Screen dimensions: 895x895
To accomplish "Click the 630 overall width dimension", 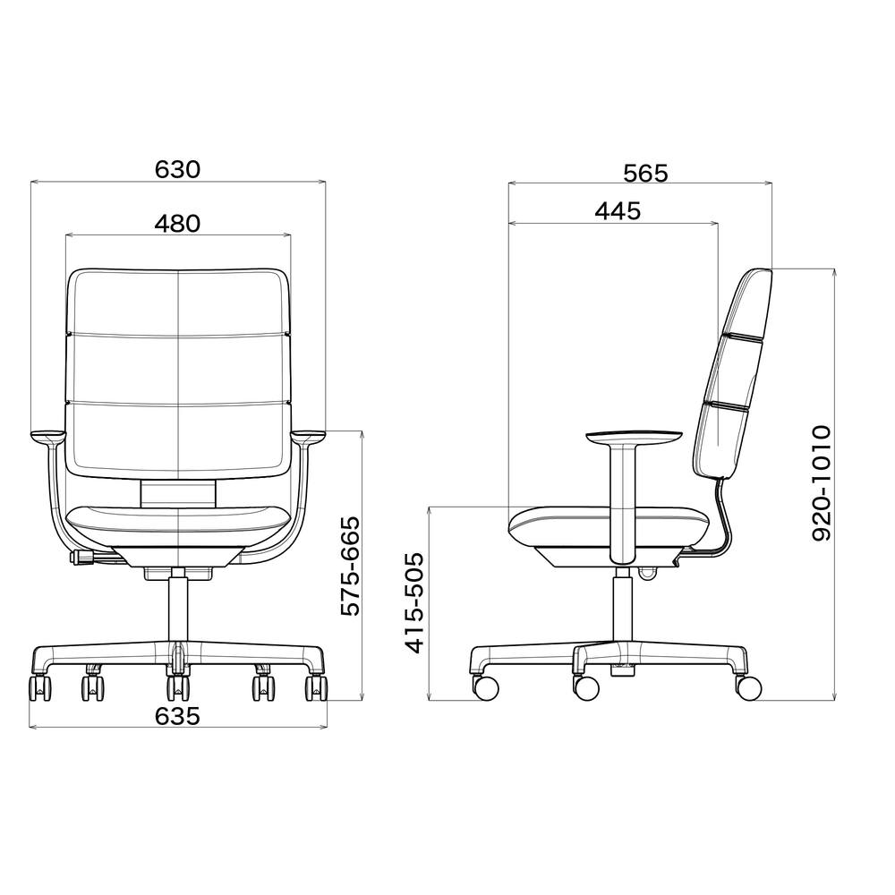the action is click(177, 169).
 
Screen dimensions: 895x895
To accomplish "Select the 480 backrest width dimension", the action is click(177, 223).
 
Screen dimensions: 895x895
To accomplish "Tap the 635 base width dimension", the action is click(177, 716).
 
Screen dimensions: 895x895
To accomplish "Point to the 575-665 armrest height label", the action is click(351, 567).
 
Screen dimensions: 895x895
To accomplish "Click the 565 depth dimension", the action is click(645, 173).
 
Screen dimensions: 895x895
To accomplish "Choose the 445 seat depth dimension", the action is click(618, 211).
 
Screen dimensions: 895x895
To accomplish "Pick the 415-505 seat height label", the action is click(415, 602).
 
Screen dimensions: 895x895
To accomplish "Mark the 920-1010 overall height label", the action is click(822, 483).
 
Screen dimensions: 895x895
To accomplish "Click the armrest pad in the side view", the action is click(634, 439).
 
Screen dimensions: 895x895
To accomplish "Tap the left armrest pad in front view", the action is click(48, 436).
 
